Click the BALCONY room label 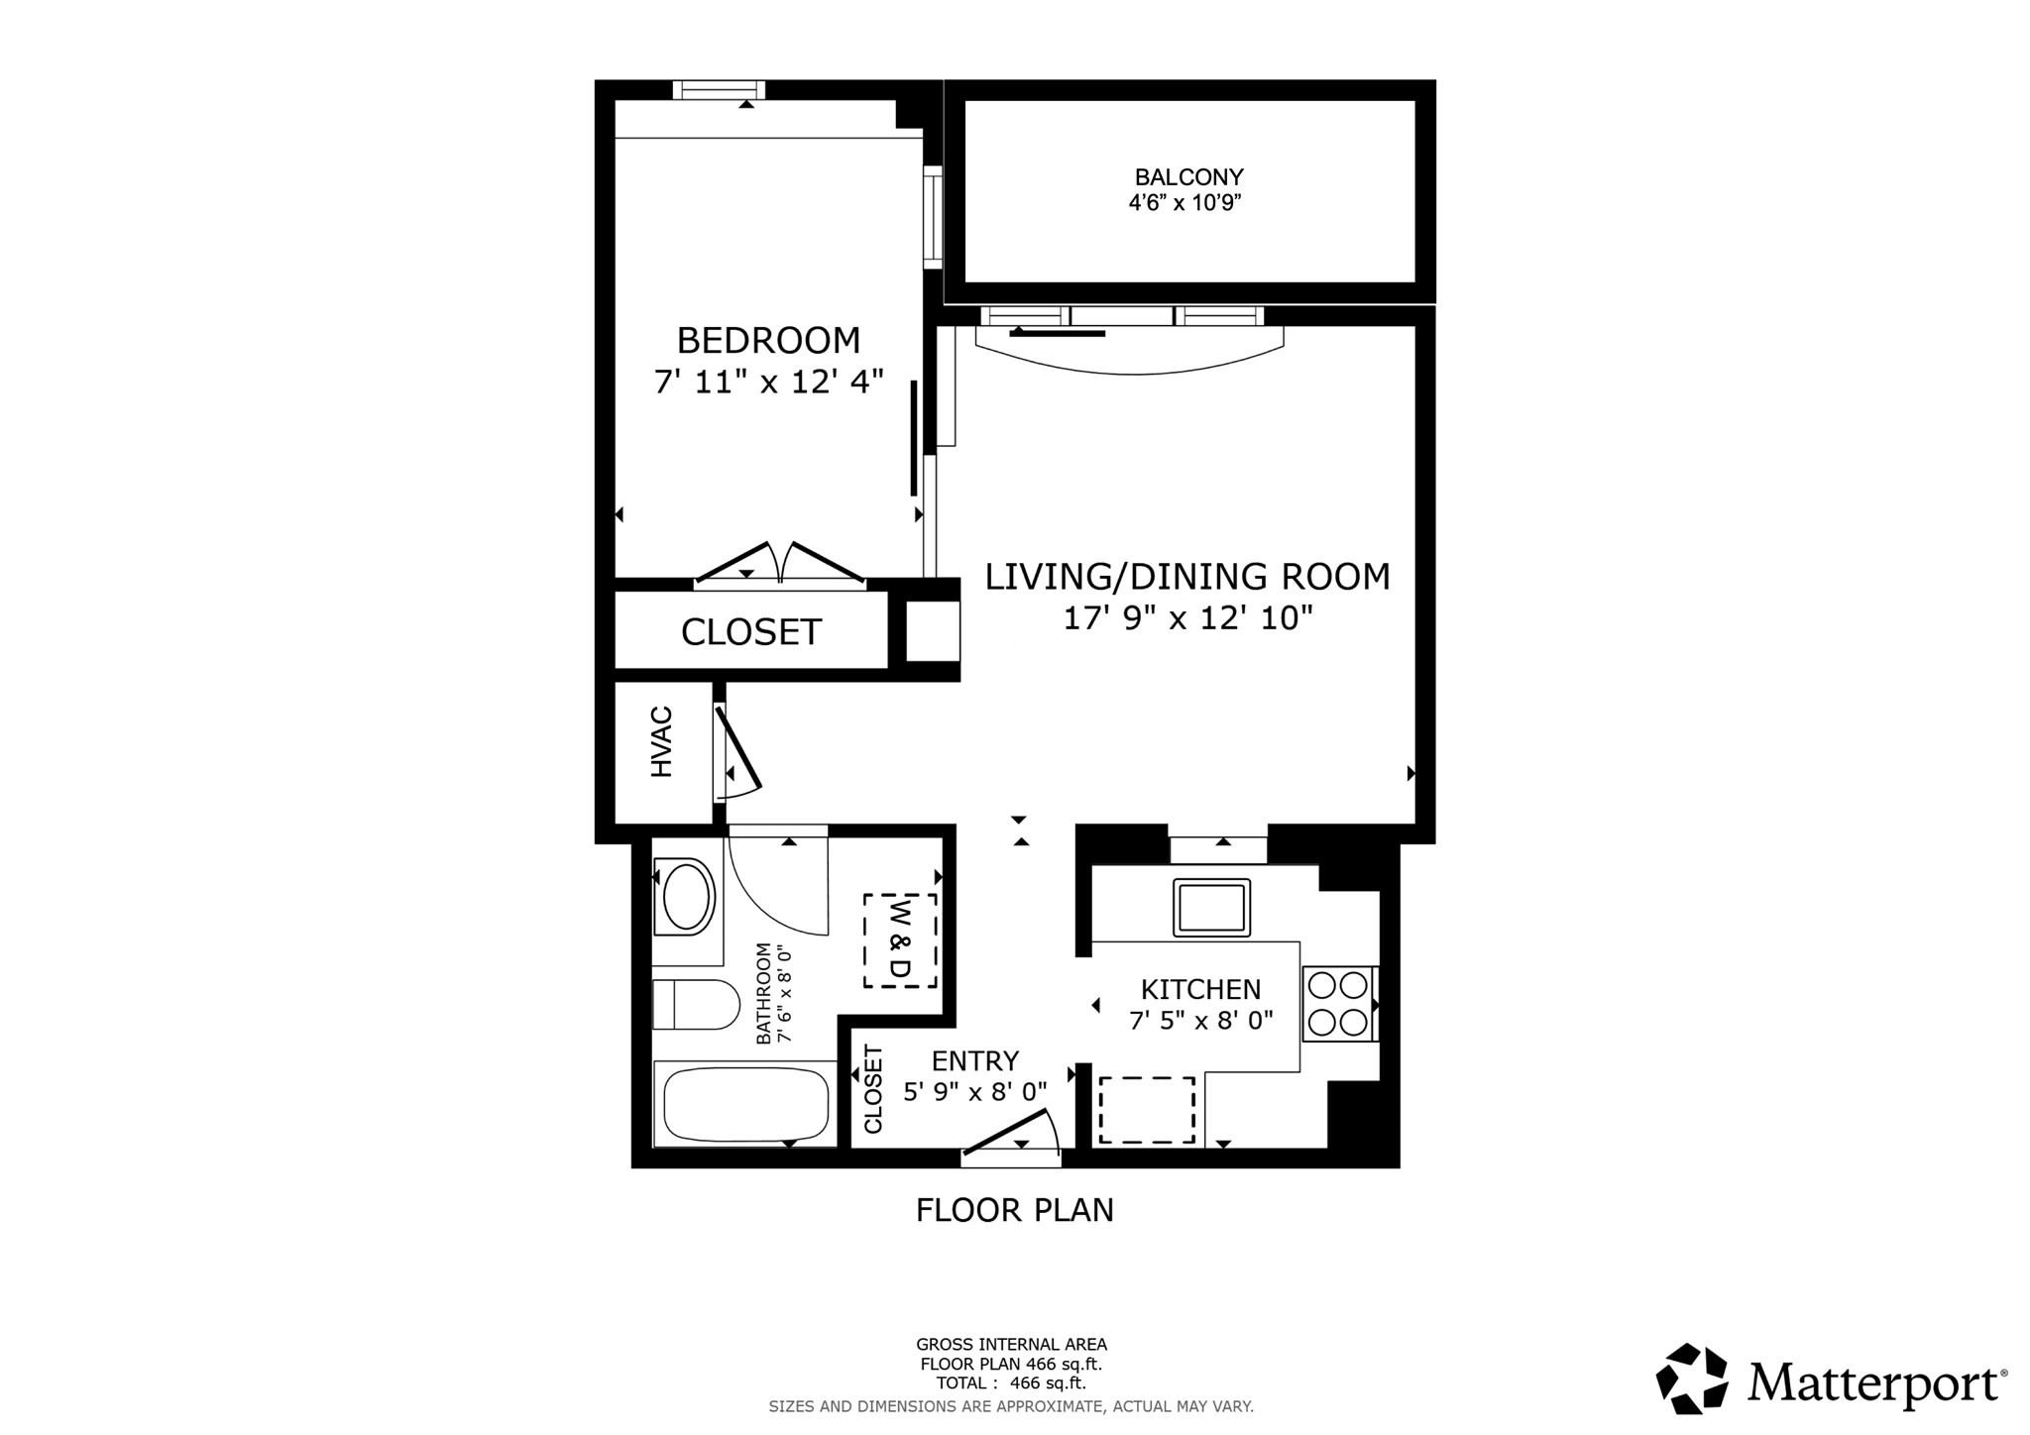(x=1188, y=177)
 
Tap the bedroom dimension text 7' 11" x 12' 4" (x=768, y=382)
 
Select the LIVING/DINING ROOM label (x=1186, y=576)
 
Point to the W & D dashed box (x=900, y=940)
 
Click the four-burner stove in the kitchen (x=1338, y=1003)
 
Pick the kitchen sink (x=1210, y=907)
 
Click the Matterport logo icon (x=1691, y=1378)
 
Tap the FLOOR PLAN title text (x=1014, y=1210)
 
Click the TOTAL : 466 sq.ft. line (x=1011, y=1382)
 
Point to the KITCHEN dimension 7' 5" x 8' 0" (x=1200, y=1020)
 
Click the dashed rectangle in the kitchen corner (x=1146, y=1110)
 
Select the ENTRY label (x=974, y=1061)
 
